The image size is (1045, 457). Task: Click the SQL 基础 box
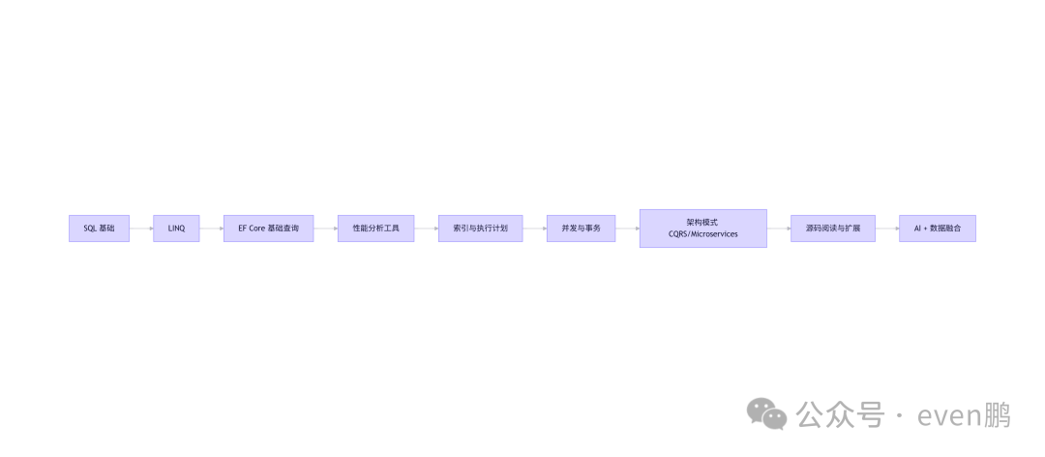pos(99,228)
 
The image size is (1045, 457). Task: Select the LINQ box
pos(176,228)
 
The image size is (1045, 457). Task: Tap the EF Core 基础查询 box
pos(268,228)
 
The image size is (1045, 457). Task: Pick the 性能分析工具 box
pos(375,228)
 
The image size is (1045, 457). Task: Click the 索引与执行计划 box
pos(480,228)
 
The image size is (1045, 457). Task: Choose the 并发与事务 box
pos(581,228)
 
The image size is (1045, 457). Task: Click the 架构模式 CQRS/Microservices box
pos(702,228)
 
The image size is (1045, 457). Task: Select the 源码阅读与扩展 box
pos(832,228)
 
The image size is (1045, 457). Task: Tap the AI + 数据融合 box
pos(937,228)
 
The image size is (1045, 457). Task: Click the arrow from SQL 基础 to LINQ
pos(141,228)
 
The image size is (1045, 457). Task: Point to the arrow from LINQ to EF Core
pos(212,228)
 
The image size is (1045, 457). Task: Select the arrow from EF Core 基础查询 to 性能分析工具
pos(326,228)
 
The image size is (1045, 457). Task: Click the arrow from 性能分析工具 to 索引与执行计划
pos(426,228)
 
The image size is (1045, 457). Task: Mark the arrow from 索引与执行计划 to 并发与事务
pos(534,228)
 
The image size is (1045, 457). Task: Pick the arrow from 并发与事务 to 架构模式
pos(627,228)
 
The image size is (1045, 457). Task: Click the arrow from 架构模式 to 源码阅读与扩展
pos(779,228)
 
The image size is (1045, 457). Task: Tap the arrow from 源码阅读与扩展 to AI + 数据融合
pos(887,228)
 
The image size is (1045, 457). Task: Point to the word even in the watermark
pos(948,416)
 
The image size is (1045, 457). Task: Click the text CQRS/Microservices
pos(702,235)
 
